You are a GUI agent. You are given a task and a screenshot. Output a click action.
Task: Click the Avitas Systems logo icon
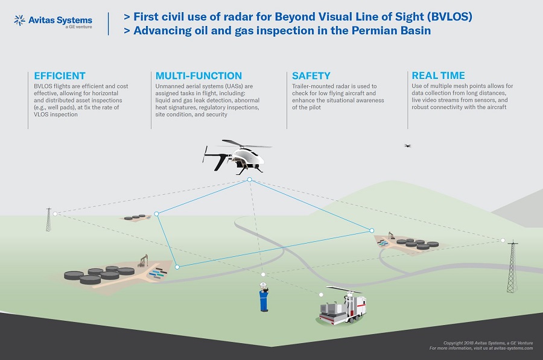point(20,21)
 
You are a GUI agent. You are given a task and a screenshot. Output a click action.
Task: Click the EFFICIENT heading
point(60,76)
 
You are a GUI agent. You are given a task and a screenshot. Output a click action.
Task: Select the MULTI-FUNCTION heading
point(198,76)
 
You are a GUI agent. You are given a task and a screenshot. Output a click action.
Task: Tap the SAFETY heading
point(311,76)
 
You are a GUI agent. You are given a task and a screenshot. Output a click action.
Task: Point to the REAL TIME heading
point(438,76)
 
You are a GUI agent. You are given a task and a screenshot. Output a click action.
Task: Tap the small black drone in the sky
point(408,145)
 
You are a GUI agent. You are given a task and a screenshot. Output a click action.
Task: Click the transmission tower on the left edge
point(49,220)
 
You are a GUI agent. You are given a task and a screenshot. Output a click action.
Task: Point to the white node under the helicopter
point(249,180)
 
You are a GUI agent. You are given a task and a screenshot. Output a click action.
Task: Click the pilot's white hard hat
point(264,285)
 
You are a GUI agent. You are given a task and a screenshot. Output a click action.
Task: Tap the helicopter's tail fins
point(209,157)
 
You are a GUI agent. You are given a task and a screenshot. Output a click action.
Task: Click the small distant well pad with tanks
point(136,217)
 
